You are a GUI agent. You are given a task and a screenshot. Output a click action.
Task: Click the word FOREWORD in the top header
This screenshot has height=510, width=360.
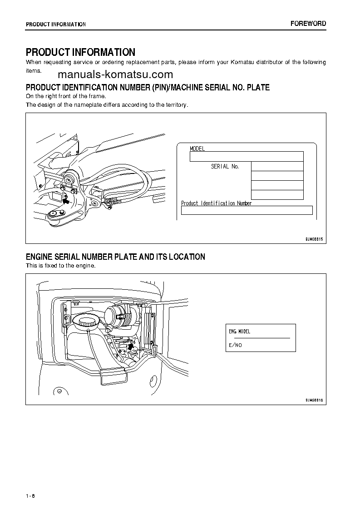[308, 24]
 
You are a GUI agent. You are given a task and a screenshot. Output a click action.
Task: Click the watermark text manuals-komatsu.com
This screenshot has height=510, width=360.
[115, 75]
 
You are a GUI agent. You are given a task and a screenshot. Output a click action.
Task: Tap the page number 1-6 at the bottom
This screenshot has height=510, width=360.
[30, 495]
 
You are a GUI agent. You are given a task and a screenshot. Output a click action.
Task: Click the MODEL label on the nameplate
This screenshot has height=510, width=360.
[197, 149]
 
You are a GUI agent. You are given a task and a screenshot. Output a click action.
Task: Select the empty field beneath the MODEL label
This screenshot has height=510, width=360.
[246, 157]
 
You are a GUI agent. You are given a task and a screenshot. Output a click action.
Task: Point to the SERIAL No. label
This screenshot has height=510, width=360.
[225, 167]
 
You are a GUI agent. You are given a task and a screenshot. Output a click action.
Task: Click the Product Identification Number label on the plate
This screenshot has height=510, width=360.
[216, 203]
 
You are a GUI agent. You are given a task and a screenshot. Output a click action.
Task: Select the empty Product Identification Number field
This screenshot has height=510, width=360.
[247, 210]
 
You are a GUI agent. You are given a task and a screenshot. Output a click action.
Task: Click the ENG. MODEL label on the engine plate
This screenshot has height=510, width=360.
[239, 332]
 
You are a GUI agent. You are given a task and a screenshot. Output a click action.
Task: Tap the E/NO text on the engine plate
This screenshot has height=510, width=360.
[235, 345]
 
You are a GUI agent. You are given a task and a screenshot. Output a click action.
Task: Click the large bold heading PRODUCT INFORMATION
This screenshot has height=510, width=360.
[80, 52]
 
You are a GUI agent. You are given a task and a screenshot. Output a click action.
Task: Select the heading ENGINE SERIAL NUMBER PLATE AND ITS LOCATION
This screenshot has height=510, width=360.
[115, 257]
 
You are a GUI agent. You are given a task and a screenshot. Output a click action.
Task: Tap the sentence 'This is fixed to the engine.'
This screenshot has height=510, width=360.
[60, 266]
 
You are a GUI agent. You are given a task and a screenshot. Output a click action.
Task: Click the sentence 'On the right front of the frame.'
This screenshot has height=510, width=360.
[66, 96]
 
